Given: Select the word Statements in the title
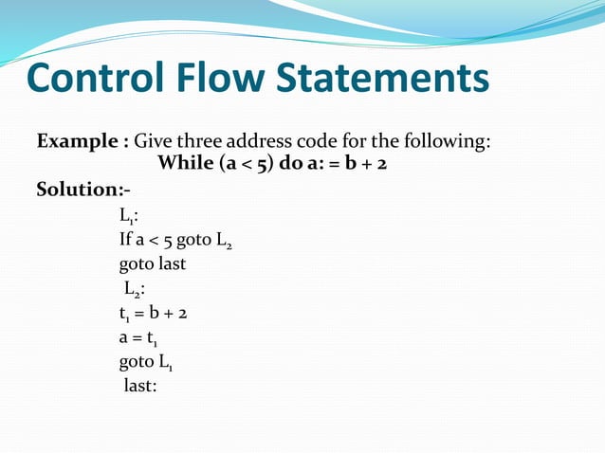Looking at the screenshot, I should point(383,80).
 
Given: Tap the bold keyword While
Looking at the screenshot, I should point(185,163).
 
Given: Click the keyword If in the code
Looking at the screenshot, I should point(124,240).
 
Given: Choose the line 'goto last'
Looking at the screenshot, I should point(152,263).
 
